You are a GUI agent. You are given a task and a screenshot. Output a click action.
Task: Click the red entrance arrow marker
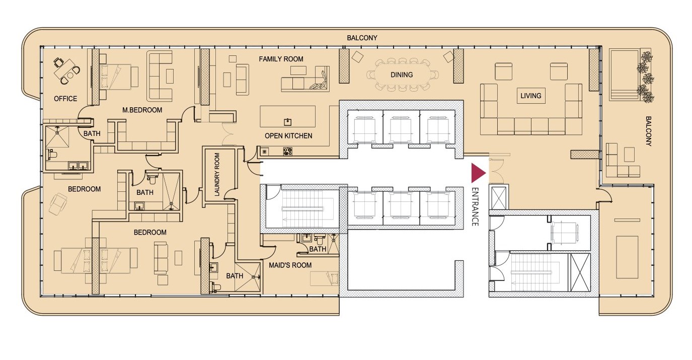(478, 173)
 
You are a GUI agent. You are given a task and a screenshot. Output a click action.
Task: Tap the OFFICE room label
(65, 99)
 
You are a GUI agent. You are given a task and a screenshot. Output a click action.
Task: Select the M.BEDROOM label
(142, 110)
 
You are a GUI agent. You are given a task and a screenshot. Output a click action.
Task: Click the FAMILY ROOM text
(281, 59)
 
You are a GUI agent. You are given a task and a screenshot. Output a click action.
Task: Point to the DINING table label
(402, 75)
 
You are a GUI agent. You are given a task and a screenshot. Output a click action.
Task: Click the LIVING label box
(531, 96)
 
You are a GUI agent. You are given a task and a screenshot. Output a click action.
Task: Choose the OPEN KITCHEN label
(288, 135)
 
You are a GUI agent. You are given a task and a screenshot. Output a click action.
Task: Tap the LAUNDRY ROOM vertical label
(217, 174)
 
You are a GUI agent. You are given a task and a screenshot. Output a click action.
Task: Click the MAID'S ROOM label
(290, 265)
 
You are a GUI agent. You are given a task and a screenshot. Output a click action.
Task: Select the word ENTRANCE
(475, 206)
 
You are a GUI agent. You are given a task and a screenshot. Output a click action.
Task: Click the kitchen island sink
(287, 122)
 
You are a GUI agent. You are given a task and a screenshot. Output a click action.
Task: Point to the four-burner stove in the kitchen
(287, 152)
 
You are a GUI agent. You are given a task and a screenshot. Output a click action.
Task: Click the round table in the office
(70, 75)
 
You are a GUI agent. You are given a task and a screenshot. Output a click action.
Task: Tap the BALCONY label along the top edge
(362, 38)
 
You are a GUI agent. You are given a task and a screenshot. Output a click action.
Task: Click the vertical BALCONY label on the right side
(648, 131)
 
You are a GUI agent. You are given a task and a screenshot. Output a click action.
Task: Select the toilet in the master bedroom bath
(51, 154)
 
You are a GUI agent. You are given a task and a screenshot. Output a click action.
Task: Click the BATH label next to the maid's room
(318, 249)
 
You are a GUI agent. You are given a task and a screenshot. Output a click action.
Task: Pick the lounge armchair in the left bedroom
(58, 203)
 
